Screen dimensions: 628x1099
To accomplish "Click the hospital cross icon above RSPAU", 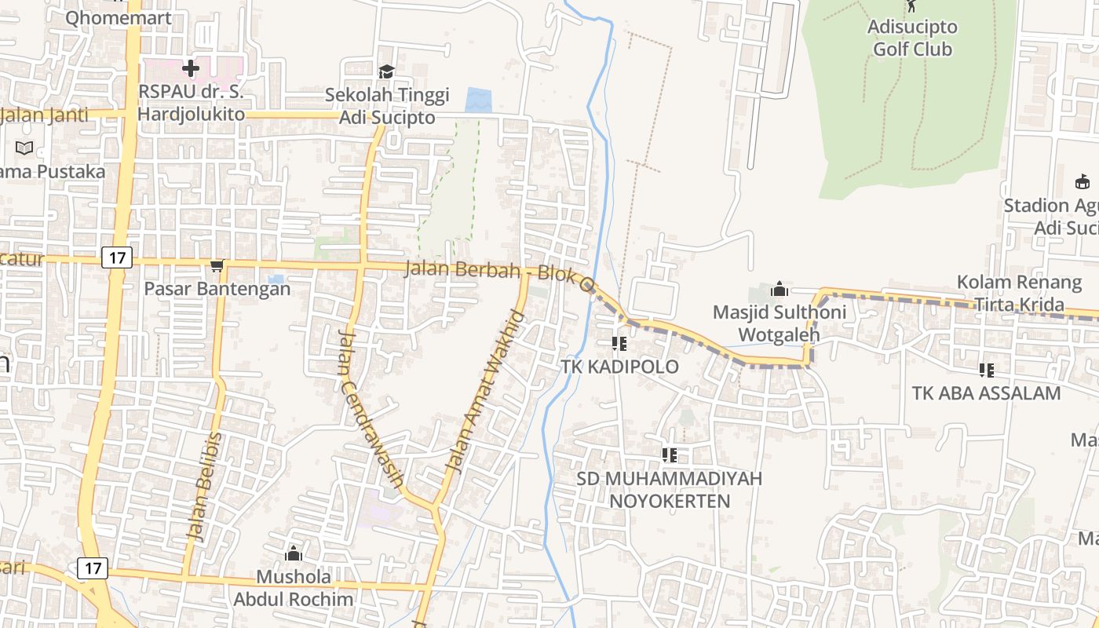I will pyautogui.click(x=191, y=68).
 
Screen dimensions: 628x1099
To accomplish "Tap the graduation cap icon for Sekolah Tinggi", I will pyautogui.click(x=386, y=72).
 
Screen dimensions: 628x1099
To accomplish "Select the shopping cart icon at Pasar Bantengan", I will pyautogui.click(x=217, y=267).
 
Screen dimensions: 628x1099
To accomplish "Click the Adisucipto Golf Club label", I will pyautogui.click(x=912, y=38).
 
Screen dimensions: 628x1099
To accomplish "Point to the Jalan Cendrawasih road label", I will pyautogui.click(x=371, y=408).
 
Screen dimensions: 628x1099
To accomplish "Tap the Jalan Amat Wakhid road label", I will pyautogui.click(x=484, y=392).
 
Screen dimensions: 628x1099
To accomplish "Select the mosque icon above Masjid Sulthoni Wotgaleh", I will pyautogui.click(x=779, y=289).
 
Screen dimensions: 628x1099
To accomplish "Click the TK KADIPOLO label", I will pyautogui.click(x=619, y=367).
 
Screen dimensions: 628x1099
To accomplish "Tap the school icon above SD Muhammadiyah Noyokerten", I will pyautogui.click(x=669, y=455).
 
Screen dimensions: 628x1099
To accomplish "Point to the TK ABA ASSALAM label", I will pyautogui.click(x=986, y=392).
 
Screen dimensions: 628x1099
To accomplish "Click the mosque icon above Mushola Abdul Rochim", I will pyautogui.click(x=294, y=554).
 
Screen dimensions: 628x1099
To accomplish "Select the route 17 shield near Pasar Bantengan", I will pyautogui.click(x=117, y=257).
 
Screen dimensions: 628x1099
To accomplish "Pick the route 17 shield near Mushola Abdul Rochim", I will pyautogui.click(x=93, y=568).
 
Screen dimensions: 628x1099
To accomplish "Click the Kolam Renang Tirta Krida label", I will pyautogui.click(x=1019, y=293).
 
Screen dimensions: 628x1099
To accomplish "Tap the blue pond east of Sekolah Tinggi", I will pyautogui.click(x=478, y=100).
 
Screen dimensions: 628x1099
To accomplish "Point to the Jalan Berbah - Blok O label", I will pyautogui.click(x=498, y=272).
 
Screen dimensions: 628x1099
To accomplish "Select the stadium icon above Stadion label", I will pyautogui.click(x=1083, y=182).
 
